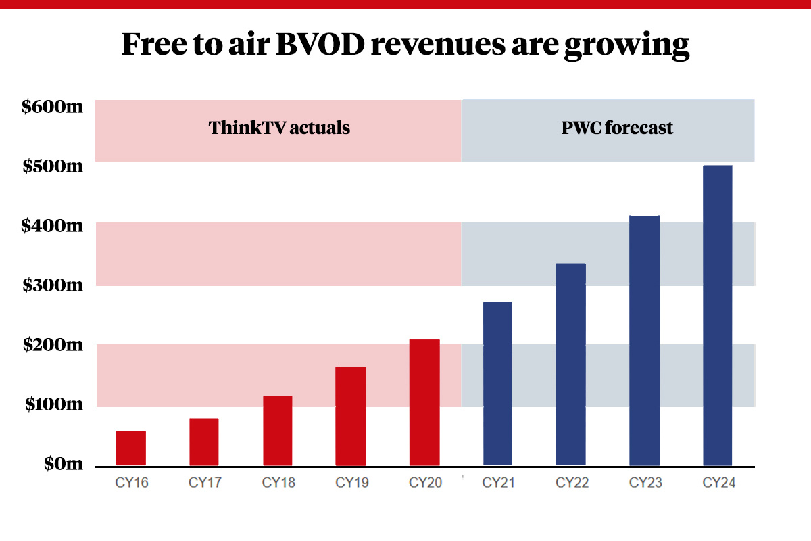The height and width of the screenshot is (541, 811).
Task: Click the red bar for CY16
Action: point(130,448)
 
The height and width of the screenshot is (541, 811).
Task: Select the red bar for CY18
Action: point(277,431)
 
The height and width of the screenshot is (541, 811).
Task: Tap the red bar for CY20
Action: point(424,402)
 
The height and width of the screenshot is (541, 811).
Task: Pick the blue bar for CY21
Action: point(497,384)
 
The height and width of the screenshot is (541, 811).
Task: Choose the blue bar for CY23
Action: point(644,340)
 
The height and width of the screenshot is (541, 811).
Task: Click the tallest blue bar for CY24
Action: point(718,315)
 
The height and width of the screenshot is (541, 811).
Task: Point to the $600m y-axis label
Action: point(52,107)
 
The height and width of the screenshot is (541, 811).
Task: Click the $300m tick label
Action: point(52,285)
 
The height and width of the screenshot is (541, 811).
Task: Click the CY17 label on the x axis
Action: point(204,483)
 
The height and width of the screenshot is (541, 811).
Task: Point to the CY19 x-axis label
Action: point(351,483)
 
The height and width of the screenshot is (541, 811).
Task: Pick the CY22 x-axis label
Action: point(571,483)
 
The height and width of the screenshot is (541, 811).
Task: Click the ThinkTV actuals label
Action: point(279,128)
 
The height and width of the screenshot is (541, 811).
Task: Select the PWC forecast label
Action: point(617,128)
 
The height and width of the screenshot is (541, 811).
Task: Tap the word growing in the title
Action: point(626,45)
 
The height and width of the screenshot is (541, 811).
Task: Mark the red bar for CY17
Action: point(204,442)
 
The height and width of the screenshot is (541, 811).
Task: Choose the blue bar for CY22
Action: point(571,364)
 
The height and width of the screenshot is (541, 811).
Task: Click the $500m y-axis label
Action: point(52,166)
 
